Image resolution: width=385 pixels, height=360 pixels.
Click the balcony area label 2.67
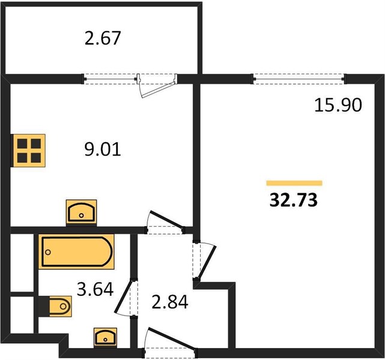(x=103, y=38)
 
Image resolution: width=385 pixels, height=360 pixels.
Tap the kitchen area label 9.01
(x=103, y=149)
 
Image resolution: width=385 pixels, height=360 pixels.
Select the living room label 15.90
(x=338, y=105)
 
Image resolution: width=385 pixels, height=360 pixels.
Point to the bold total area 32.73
(x=294, y=200)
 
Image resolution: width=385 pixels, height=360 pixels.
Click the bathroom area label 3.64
(x=95, y=289)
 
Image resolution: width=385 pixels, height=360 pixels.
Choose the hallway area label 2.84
(x=170, y=302)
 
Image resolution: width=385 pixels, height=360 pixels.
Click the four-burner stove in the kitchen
(x=29, y=151)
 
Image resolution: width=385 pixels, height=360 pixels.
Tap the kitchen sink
(x=81, y=212)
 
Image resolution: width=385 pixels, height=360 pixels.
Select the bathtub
(x=76, y=251)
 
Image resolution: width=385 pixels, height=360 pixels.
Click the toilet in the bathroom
(x=59, y=306)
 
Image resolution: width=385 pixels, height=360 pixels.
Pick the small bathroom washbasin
(x=105, y=337)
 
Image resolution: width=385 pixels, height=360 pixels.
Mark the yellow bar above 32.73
(x=294, y=183)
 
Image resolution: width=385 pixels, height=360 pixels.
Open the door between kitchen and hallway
(x=167, y=219)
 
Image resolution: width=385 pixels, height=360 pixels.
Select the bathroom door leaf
(x=124, y=297)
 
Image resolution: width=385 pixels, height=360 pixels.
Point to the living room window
(x=299, y=79)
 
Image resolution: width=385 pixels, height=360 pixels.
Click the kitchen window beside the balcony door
(x=110, y=79)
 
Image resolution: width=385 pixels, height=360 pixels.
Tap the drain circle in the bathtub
(x=48, y=252)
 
